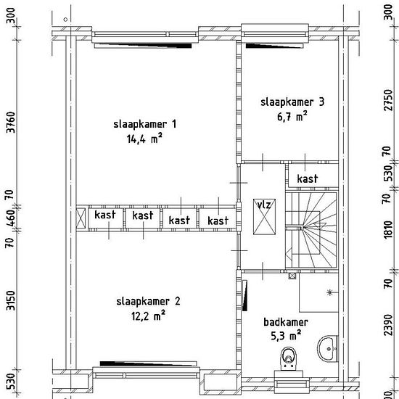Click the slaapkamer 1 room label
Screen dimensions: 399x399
pyautogui.click(x=145, y=124)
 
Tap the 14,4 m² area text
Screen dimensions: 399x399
pyautogui.click(x=144, y=139)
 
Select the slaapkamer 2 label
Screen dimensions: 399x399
pyautogui.click(x=148, y=301)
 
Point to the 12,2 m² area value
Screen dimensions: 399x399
pyautogui.click(x=148, y=316)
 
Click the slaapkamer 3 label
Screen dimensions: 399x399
pyautogui.click(x=292, y=102)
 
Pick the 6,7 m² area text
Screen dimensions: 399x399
pyautogui.click(x=292, y=117)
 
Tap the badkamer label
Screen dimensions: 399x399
pyautogui.click(x=286, y=322)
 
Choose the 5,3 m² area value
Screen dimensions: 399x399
pyautogui.click(x=286, y=336)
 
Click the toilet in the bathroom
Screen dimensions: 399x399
pyautogui.click(x=289, y=359)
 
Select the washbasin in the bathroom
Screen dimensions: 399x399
pyautogui.click(x=328, y=349)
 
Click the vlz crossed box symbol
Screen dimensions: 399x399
pyautogui.click(x=264, y=217)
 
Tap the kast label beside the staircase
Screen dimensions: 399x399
pyautogui.click(x=308, y=178)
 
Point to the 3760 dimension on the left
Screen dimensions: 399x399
pyautogui.click(x=11, y=122)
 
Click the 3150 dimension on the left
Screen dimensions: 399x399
pyautogui.click(x=11, y=301)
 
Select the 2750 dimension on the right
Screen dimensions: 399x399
pyautogui.click(x=388, y=100)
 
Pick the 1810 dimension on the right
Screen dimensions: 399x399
pyautogui.click(x=388, y=229)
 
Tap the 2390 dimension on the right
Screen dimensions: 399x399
pyautogui.click(x=388, y=325)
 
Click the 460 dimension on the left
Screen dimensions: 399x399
pyautogui.click(x=11, y=218)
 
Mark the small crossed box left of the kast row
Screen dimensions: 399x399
pyautogui.click(x=81, y=218)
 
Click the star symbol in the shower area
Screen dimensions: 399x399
pyautogui.click(x=329, y=292)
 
